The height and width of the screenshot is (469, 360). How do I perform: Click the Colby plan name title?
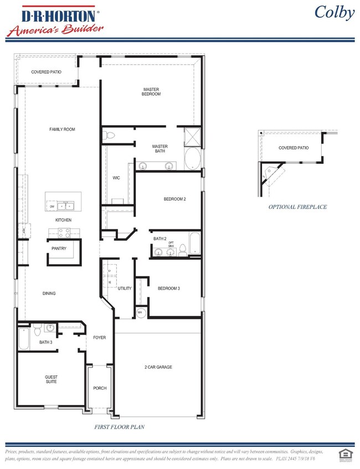[334, 12]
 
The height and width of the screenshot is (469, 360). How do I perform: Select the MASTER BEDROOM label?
[151, 91]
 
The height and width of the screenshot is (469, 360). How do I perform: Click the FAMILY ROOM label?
[62, 129]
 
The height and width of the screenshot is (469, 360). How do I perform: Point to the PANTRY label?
[59, 249]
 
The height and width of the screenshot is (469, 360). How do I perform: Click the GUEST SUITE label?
[51, 379]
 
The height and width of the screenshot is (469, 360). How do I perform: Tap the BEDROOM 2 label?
[174, 199]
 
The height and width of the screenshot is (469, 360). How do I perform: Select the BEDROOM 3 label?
[169, 288]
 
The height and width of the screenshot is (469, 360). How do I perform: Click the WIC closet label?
[116, 178]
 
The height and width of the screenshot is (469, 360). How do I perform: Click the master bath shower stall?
[193, 136]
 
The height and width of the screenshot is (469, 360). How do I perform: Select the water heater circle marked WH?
[140, 313]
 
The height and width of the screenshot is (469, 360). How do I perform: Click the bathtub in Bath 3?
[24, 338]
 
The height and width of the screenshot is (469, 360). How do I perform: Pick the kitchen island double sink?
[67, 207]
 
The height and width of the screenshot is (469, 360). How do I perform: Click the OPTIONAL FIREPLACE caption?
[297, 207]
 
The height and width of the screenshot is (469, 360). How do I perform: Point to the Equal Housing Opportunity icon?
[344, 453]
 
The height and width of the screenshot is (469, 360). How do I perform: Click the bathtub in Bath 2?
[195, 244]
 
